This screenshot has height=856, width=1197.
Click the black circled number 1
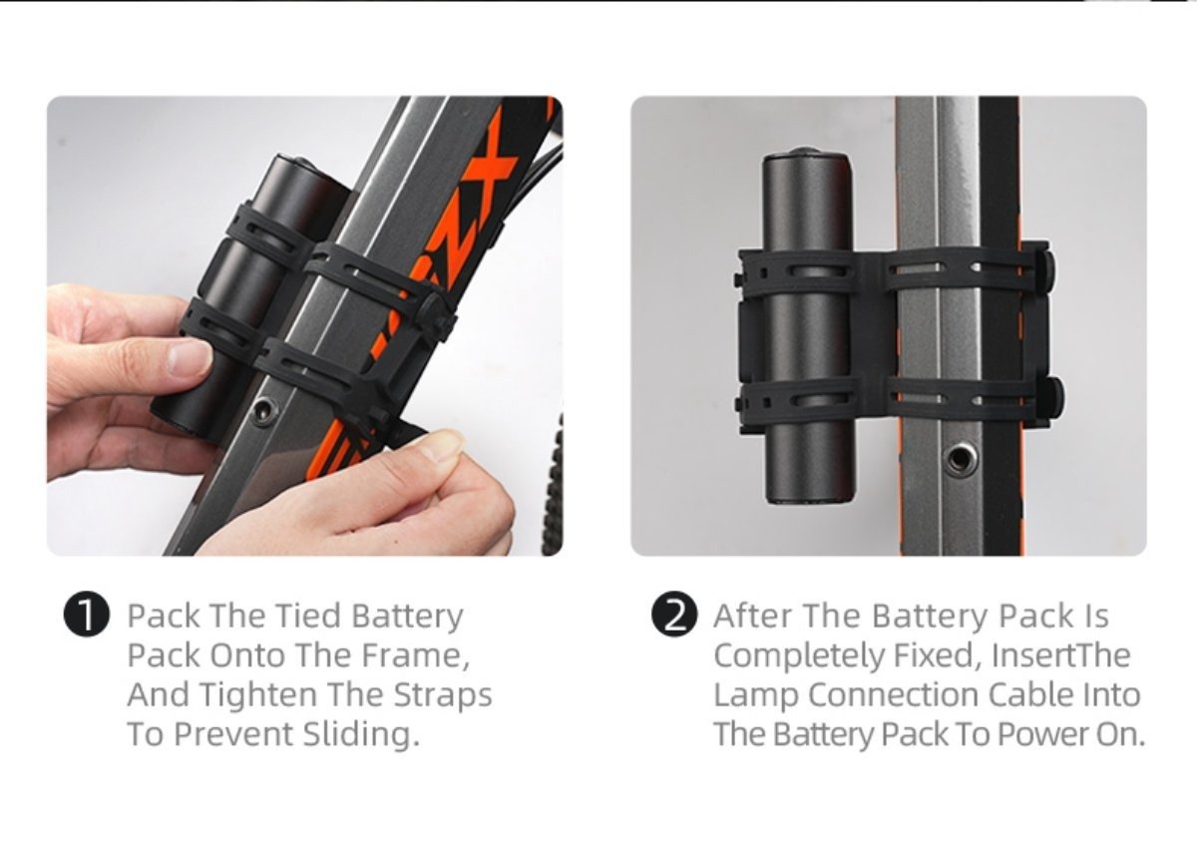pyautogui.click(x=87, y=617)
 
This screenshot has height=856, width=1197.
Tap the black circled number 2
pyautogui.click(x=674, y=617)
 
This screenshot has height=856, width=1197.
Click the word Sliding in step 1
pyautogui.click(x=361, y=734)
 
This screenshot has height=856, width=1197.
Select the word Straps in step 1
pyautogui.click(x=443, y=695)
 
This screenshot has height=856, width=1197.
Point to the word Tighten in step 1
pyautogui.click(x=259, y=695)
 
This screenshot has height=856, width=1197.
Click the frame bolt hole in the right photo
pyautogui.click(x=960, y=459)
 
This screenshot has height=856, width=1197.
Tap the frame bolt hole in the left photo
pyautogui.click(x=264, y=409)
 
